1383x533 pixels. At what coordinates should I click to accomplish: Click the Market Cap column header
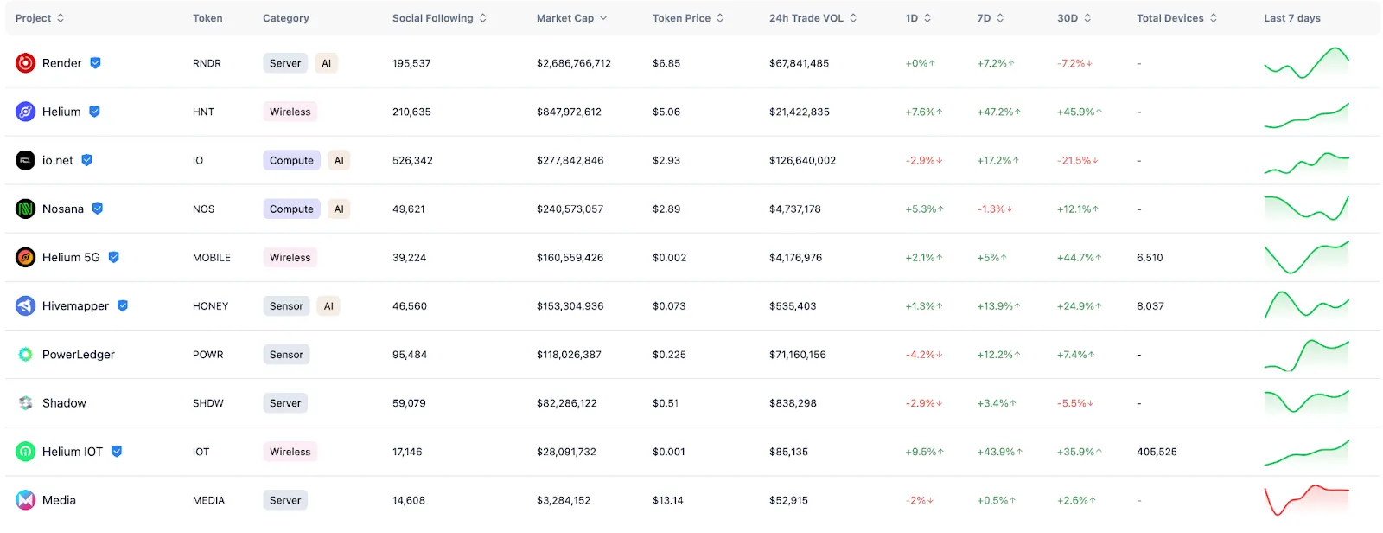[x=565, y=18]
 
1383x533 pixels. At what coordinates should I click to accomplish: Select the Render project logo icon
[x=26, y=63]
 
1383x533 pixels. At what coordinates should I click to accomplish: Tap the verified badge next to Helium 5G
[x=114, y=257]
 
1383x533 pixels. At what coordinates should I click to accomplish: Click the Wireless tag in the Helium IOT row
[x=290, y=452]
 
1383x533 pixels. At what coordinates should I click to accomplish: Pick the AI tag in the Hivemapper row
[x=328, y=306]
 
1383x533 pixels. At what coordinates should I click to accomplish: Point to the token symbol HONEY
[x=210, y=306]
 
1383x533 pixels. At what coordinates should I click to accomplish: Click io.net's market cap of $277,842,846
[x=570, y=161]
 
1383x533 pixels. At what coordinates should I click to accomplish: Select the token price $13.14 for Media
[x=667, y=500]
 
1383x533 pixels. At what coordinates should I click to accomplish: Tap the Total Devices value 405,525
[x=1157, y=452]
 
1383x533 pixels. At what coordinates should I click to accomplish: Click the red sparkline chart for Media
[x=1306, y=500]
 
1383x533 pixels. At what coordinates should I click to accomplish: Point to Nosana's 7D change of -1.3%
[x=994, y=209]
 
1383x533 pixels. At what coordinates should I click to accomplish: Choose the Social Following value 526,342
[x=412, y=161]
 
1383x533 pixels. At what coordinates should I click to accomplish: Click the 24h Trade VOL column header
[x=806, y=18]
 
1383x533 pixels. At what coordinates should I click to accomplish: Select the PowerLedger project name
[x=79, y=355]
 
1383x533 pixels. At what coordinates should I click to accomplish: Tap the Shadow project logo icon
[x=26, y=403]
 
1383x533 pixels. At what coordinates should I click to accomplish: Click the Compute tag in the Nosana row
[x=291, y=209]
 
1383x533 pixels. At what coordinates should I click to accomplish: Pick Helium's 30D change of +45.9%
[x=1079, y=112]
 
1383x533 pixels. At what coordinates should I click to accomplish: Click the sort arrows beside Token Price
[x=720, y=18]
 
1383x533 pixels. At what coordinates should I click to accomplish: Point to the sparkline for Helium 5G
[x=1306, y=257]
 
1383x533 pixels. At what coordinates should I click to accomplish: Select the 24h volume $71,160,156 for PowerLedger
[x=797, y=355]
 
